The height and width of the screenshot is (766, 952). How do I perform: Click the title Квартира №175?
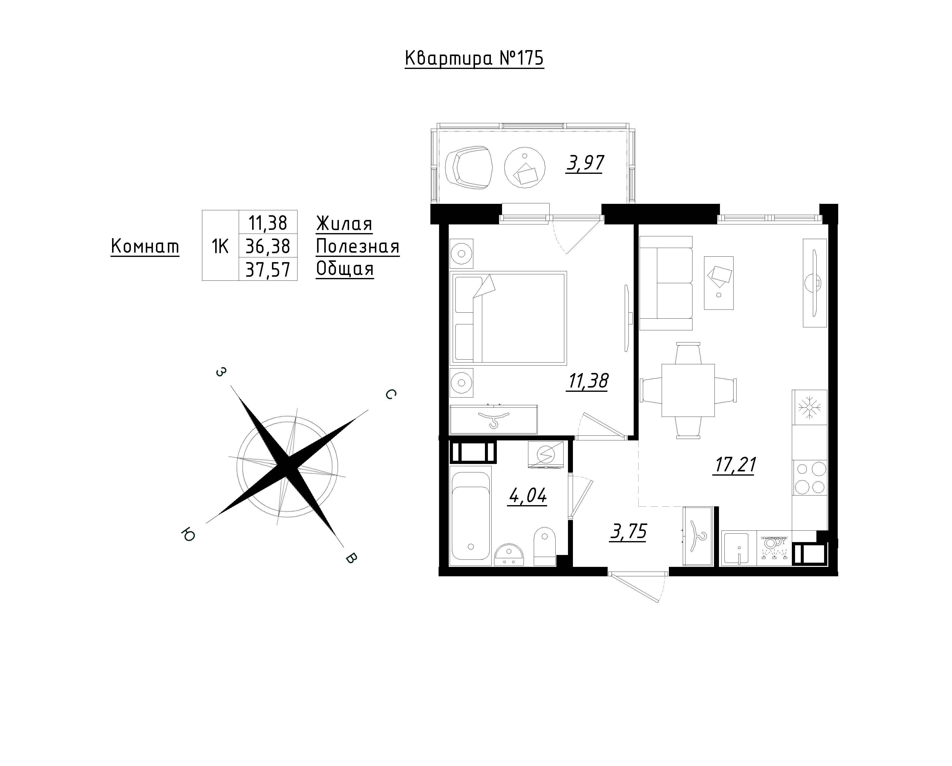click(474, 59)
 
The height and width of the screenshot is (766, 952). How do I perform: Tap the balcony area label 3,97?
click(585, 163)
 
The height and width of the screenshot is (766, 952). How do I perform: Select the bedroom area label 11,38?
click(588, 381)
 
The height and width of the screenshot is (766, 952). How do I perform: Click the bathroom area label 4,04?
click(528, 496)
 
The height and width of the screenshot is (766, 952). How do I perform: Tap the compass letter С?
click(390, 395)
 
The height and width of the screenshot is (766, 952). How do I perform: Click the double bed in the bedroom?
click(508, 318)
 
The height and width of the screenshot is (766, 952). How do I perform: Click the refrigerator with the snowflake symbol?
click(810, 407)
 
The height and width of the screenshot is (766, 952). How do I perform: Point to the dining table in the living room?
click(688, 391)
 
